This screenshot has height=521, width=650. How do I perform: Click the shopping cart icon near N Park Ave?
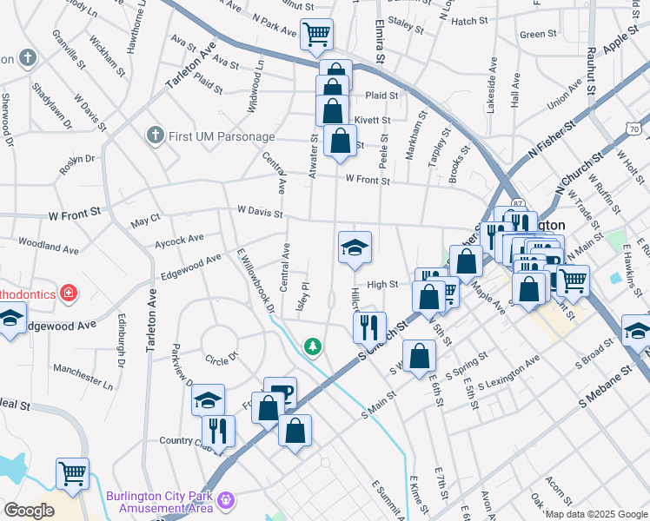pos(316,35)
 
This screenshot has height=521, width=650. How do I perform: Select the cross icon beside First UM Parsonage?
pos(155,135)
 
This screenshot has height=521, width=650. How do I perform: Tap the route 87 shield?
pos(519,202)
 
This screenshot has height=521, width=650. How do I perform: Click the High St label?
pos(382,284)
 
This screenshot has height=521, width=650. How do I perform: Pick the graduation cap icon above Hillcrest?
pos(355,248)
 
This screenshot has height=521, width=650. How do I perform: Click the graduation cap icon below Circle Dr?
pos(208,400)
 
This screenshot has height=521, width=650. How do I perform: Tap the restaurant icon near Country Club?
pos(218,431)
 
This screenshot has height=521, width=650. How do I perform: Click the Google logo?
pos(29,511)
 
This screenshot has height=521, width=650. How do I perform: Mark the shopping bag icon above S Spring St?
pos(419,356)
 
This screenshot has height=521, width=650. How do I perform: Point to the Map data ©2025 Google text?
pos(595,514)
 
